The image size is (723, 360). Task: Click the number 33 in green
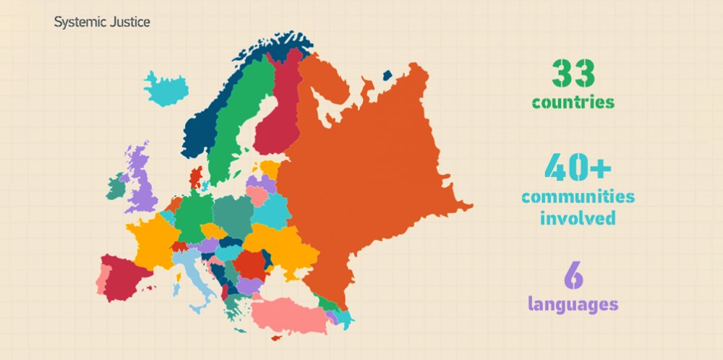pos(573,74)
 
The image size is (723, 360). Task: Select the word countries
pos(573,103)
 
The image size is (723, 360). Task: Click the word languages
pos(573,304)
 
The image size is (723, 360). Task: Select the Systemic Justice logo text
pos(102,22)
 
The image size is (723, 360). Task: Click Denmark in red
pos(196,176)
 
